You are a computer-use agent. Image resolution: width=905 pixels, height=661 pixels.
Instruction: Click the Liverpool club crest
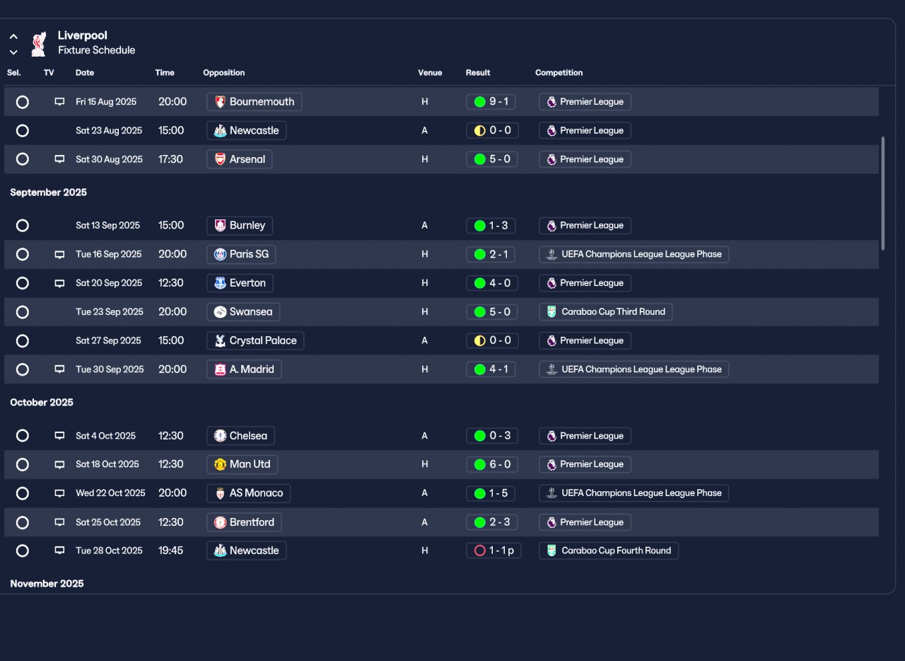(x=39, y=44)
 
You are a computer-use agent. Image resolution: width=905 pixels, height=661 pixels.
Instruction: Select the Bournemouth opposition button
(x=254, y=101)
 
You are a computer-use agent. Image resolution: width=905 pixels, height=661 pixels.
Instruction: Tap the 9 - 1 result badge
(x=491, y=101)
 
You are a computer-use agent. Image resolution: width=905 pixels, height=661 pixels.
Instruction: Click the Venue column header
(x=430, y=73)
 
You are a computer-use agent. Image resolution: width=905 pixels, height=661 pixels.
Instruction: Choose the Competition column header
(x=559, y=73)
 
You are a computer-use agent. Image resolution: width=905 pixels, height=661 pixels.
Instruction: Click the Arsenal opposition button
(x=239, y=159)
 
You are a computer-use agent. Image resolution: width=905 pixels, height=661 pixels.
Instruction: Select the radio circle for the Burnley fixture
(x=22, y=225)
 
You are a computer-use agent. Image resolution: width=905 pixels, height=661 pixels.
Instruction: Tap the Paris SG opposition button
(x=241, y=254)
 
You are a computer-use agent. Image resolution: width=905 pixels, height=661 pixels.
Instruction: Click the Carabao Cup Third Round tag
(x=605, y=312)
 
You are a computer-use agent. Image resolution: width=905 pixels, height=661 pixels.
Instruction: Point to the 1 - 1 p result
(x=494, y=551)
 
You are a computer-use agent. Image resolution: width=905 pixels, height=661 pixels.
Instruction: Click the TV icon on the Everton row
(x=59, y=283)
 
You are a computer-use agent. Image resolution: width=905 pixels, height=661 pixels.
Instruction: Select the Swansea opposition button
(x=243, y=312)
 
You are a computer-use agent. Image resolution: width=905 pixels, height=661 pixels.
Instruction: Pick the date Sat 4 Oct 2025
(x=105, y=436)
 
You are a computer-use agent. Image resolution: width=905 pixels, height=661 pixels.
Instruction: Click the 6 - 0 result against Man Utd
(x=491, y=464)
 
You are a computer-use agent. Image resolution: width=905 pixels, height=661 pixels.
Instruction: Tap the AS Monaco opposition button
(x=248, y=493)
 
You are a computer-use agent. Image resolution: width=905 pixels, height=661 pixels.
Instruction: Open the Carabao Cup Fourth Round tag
(x=609, y=551)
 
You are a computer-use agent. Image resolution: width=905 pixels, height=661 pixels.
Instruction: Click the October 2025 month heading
(x=42, y=403)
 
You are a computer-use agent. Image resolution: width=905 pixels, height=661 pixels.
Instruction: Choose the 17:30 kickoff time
(x=170, y=159)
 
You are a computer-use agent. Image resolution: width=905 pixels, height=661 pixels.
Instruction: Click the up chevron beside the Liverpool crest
(x=13, y=36)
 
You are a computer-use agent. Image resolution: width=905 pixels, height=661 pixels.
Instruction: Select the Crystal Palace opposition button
(x=255, y=340)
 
